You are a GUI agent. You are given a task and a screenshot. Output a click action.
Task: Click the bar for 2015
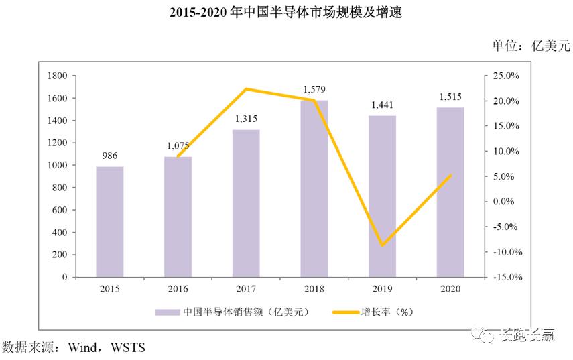pyautogui.click(x=110, y=221)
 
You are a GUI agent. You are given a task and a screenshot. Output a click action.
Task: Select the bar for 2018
pyautogui.click(x=314, y=188)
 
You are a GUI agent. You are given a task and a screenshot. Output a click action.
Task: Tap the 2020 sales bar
pyautogui.click(x=450, y=192)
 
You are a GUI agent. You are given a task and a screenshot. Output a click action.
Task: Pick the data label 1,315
pyautogui.click(x=246, y=119)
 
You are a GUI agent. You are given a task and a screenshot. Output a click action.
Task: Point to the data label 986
pyautogui.click(x=110, y=156)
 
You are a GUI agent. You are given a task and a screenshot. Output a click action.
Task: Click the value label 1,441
pyautogui.click(x=382, y=105)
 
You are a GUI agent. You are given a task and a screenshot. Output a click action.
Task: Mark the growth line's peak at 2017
pyautogui.click(x=246, y=89)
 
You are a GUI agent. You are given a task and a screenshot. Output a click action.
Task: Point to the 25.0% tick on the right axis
pyautogui.click(x=507, y=76)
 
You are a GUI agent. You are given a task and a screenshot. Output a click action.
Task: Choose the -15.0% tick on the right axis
pyautogui.click(x=505, y=277)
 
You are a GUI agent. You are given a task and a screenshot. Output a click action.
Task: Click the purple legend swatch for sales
pyautogui.click(x=168, y=312)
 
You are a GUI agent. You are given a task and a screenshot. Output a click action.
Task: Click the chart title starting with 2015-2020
pyautogui.click(x=285, y=12)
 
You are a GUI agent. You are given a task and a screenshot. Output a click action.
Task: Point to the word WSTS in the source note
pyautogui.click(x=127, y=347)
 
